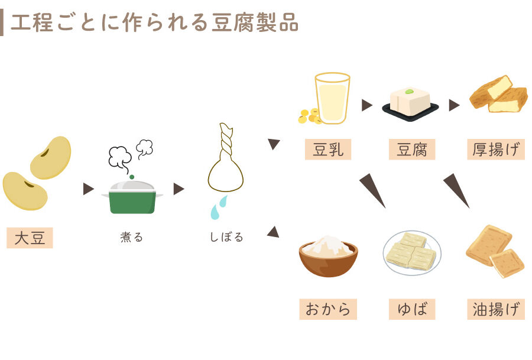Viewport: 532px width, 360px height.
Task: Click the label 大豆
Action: (30, 238)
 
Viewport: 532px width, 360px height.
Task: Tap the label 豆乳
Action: (328, 150)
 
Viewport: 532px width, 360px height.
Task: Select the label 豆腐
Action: (412, 150)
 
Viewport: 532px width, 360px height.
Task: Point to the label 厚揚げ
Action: (495, 150)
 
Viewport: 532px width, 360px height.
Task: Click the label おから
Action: (328, 309)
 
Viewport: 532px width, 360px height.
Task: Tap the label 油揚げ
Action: (495, 309)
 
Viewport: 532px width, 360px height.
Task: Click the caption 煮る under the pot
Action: (131, 238)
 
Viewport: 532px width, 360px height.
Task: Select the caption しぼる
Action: (226, 238)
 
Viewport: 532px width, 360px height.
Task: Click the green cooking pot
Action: (132, 198)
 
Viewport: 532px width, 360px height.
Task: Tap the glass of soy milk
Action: (332, 98)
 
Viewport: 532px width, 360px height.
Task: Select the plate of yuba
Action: (411, 252)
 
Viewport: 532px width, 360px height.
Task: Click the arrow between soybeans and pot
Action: (88, 189)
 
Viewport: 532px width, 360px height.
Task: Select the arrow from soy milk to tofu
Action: (366, 105)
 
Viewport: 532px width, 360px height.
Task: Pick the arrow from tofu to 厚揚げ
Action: (453, 105)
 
